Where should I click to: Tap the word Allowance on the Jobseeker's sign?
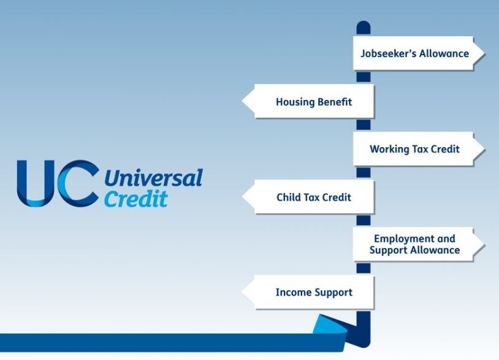point(444,53)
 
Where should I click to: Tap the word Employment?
point(401,239)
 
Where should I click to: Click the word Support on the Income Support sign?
point(334,293)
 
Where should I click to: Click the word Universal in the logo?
point(153,178)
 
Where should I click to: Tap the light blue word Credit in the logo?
point(136,199)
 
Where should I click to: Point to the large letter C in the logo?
point(78,183)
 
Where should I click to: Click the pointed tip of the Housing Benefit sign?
point(243,101)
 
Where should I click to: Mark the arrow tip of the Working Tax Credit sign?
point(484,148)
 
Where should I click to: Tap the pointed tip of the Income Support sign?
point(243,291)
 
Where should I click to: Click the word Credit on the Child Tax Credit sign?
point(338,197)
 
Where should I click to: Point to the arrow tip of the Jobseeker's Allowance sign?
point(484,53)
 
